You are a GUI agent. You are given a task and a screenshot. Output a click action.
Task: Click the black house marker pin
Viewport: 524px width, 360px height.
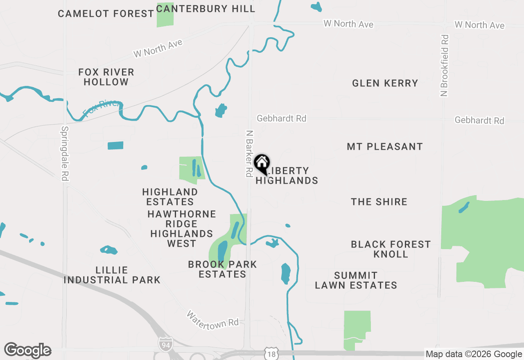(262, 164)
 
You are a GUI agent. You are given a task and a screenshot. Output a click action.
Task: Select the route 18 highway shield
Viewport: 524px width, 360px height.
(271, 354)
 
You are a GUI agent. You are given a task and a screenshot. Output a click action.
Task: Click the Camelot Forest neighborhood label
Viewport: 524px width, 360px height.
(106, 13)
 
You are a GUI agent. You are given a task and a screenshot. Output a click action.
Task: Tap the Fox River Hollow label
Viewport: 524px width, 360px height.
(106, 77)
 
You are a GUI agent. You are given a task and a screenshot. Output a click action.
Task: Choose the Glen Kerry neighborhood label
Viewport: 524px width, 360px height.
(385, 83)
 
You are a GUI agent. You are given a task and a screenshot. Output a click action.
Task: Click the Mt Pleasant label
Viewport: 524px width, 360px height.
(384, 146)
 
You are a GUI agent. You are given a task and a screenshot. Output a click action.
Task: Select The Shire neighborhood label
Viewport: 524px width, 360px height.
(379, 202)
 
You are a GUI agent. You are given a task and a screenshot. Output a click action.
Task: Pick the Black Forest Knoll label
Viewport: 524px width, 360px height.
(391, 249)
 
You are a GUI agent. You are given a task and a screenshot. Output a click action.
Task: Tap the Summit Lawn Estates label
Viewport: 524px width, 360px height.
(356, 280)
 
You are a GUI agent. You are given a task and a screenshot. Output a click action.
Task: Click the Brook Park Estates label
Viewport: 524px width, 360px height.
(222, 269)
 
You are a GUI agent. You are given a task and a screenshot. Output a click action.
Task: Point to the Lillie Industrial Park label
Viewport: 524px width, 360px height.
(112, 275)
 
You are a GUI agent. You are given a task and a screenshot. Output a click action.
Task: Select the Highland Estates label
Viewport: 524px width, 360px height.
(170, 197)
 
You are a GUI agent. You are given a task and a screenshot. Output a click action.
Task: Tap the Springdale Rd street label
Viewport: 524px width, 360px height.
(65, 153)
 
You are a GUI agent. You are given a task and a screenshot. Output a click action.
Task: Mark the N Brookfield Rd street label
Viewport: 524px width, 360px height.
(445, 65)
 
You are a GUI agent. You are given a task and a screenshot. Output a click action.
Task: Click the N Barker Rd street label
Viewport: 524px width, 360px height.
(248, 153)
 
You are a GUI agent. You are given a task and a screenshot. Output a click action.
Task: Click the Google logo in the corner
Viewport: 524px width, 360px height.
(27, 351)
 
